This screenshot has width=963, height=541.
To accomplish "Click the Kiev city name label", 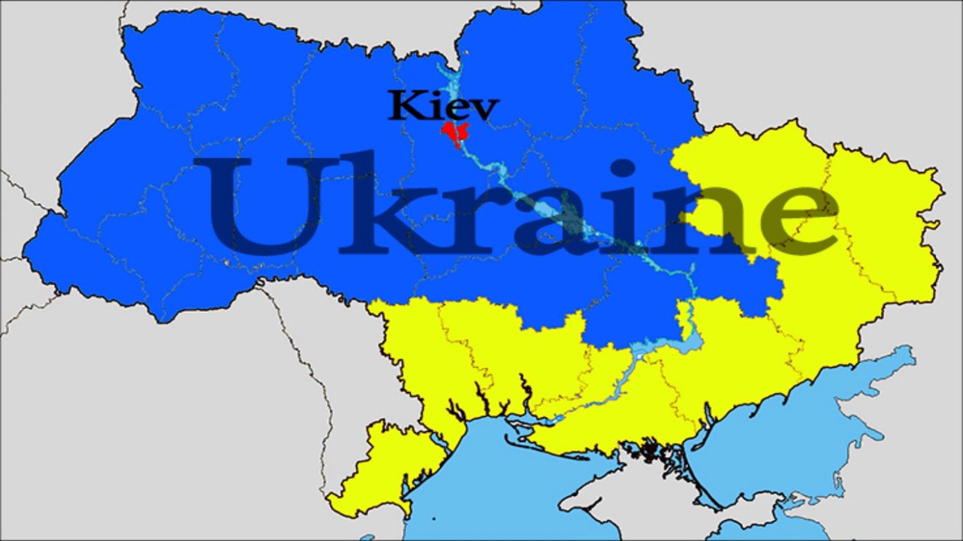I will pyautogui.click(x=443, y=107).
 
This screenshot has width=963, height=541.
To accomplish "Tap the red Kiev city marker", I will pyautogui.click(x=454, y=134).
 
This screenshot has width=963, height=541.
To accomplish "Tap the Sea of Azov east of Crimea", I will pyautogui.click(x=789, y=436).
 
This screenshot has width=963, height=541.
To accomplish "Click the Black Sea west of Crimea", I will pyautogui.click(x=488, y=488).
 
